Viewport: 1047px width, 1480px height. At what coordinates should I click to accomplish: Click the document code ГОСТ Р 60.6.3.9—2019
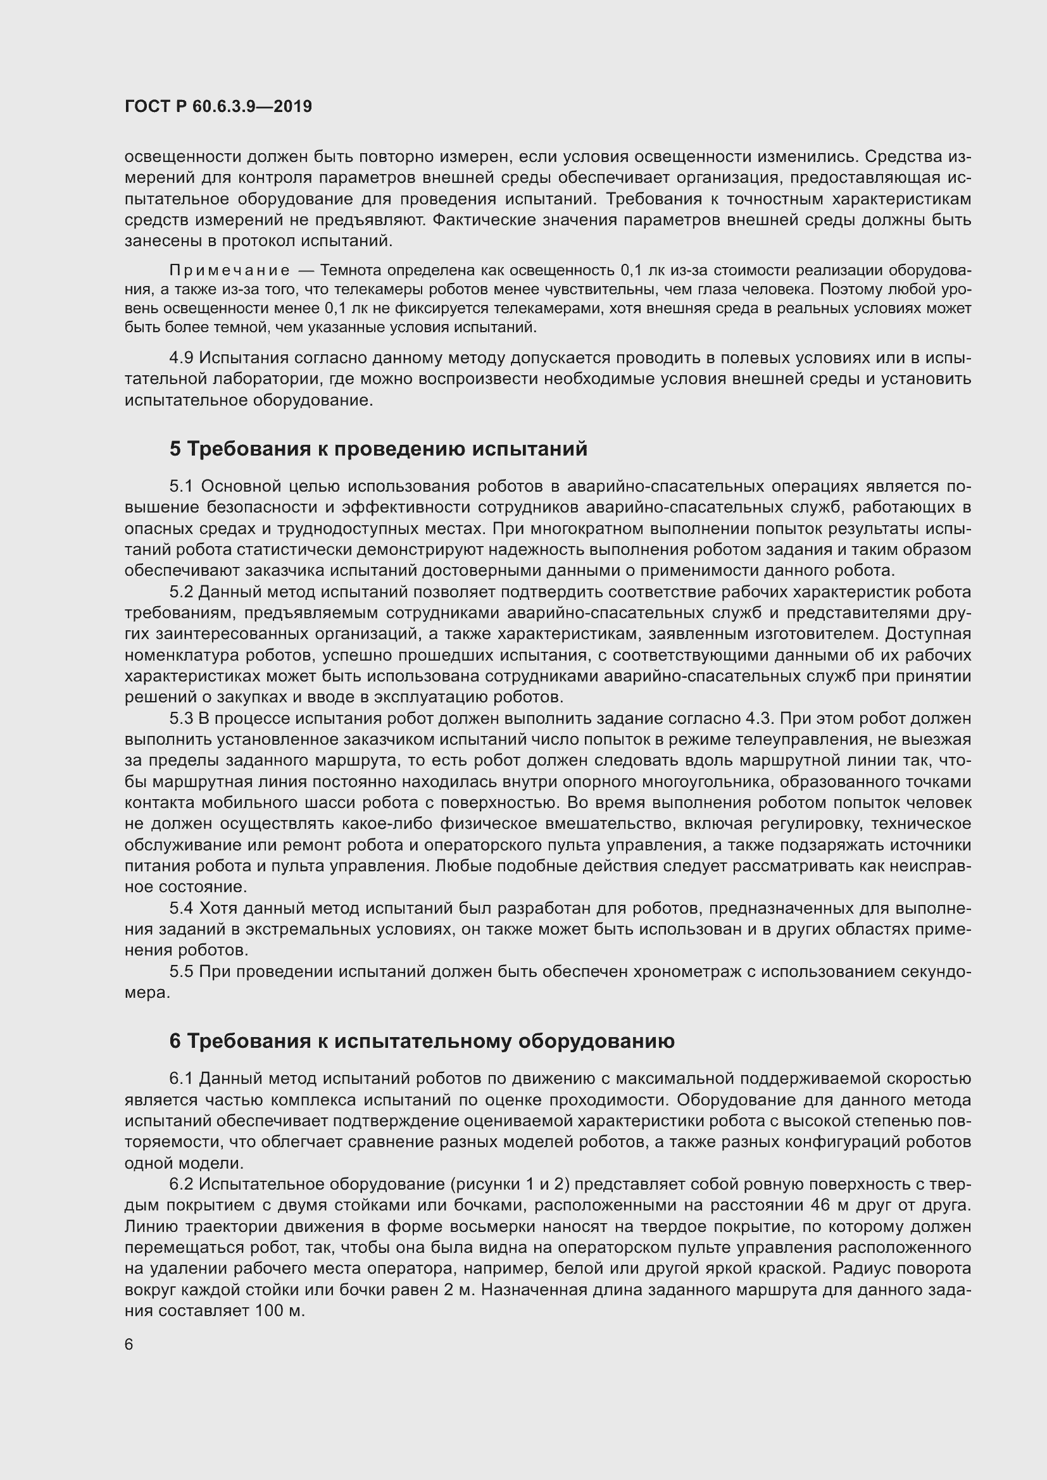coord(218,106)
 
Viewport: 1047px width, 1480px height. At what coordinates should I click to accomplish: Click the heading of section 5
coord(379,449)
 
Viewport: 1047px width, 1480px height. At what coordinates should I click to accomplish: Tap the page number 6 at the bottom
coord(129,1344)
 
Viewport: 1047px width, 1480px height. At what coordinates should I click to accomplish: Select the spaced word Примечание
coord(230,270)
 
